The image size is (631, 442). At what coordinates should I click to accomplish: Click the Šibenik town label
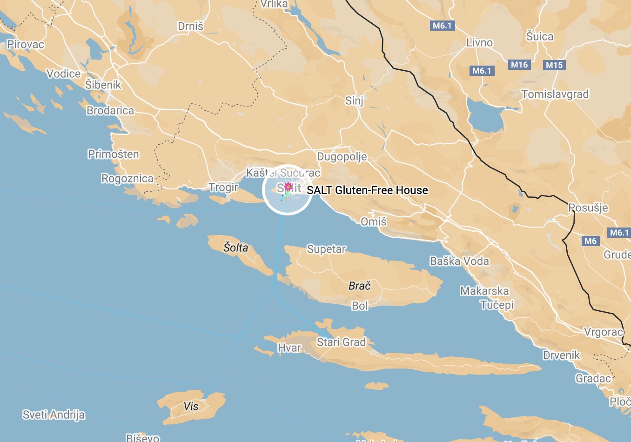[x=103, y=85]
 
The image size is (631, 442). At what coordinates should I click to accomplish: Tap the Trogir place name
[x=223, y=187]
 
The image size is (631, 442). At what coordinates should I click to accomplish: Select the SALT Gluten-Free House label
[x=367, y=190]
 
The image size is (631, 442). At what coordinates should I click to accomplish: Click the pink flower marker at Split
[x=288, y=187]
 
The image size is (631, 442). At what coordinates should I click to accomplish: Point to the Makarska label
[x=484, y=291]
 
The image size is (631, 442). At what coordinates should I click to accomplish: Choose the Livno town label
[x=479, y=43]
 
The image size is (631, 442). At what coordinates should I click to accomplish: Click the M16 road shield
[x=519, y=65]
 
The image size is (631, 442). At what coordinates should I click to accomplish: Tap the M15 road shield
[x=554, y=65]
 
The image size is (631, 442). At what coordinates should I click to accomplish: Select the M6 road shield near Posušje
[x=591, y=241]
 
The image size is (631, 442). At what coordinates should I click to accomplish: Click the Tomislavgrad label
[x=555, y=94]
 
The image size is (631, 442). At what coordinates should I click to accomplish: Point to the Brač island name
[x=360, y=286]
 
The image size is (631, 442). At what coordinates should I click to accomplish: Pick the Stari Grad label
[x=341, y=342]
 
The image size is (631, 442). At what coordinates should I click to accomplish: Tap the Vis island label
[x=191, y=406]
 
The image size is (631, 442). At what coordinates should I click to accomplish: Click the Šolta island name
[x=236, y=248]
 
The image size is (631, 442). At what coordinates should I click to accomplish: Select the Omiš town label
[x=374, y=221]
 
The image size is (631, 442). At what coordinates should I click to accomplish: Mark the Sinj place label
[x=354, y=100]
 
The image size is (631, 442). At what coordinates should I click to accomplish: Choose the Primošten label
[x=113, y=154]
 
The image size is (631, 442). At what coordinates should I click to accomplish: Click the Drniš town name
[x=191, y=27]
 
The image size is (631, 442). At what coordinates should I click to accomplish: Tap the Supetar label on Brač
[x=326, y=249]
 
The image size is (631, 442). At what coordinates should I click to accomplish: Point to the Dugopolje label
[x=342, y=157]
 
